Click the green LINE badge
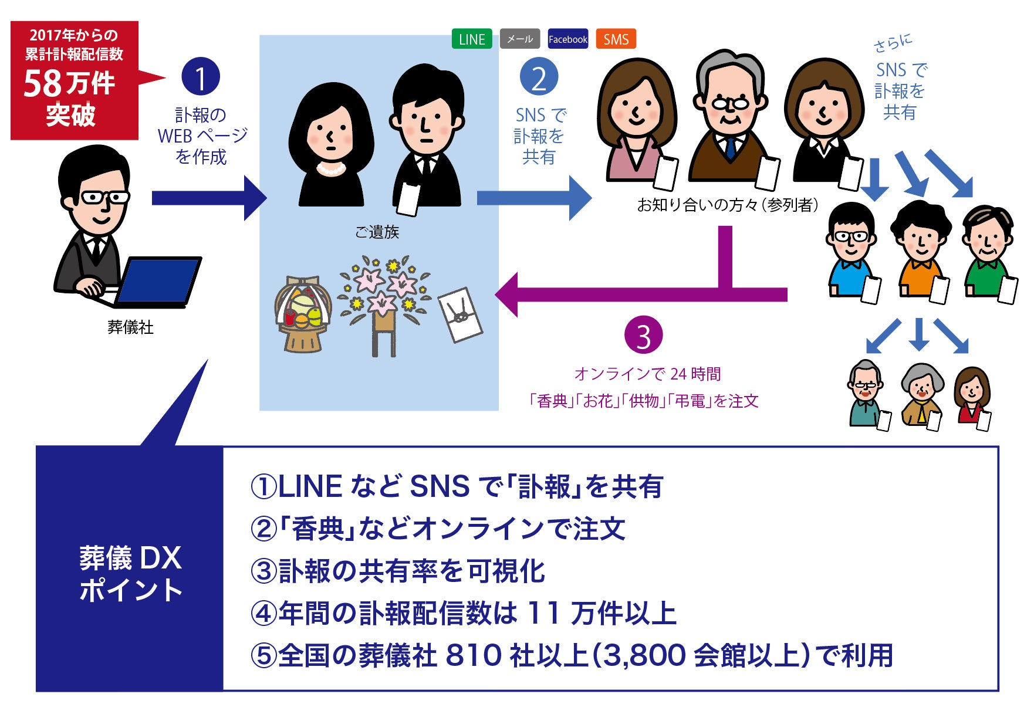(x=472, y=39)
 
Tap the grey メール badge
(x=519, y=39)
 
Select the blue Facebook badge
(x=567, y=39)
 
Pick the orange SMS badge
(x=616, y=39)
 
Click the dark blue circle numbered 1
(x=201, y=77)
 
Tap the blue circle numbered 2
(x=539, y=77)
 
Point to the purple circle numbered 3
(x=643, y=336)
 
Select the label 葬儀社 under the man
(x=130, y=327)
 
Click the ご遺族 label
(x=377, y=232)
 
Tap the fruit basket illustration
(x=303, y=314)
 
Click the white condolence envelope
(x=461, y=314)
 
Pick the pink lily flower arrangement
(x=385, y=299)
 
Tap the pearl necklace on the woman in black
(x=330, y=170)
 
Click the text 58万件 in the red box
(x=69, y=83)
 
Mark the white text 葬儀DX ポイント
(x=130, y=574)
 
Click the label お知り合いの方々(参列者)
(x=728, y=205)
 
